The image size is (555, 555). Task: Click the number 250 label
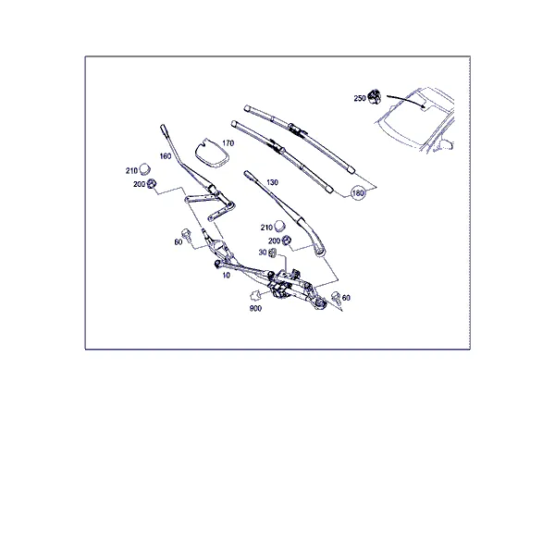360,98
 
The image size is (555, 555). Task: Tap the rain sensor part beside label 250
374,96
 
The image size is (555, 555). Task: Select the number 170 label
228,143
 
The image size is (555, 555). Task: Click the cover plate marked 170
211,153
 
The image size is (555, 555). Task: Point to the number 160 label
166,156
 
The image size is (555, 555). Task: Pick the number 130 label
272,182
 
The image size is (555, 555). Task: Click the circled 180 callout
358,193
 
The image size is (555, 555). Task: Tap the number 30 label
263,253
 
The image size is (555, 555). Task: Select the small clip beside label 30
272,253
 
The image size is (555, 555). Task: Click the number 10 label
227,275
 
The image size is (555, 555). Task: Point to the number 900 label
255,308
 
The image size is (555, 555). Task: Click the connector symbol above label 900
255,295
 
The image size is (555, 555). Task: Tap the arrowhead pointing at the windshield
423,105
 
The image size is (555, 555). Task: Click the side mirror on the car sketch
447,145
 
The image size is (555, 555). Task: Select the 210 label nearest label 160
131,170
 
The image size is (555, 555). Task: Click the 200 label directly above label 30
275,241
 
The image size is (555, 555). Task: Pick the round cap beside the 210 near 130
279,226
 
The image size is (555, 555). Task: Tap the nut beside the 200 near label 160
152,183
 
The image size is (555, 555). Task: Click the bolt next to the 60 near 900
336,298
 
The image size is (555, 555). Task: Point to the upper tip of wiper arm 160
163,127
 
